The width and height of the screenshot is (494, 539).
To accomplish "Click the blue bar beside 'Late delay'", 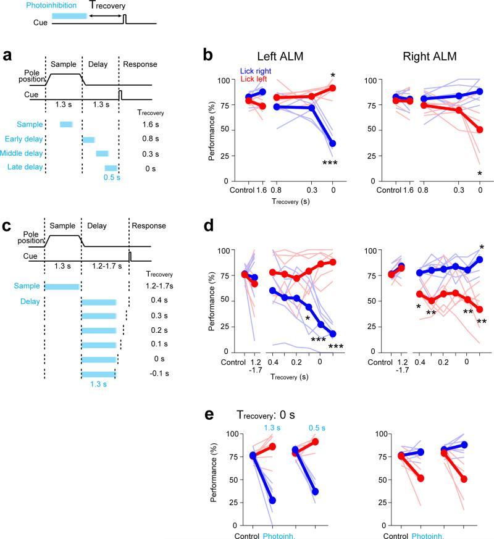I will (111, 168).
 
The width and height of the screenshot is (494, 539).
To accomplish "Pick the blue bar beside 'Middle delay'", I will (102, 153).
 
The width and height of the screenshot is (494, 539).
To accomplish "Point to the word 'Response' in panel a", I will (140, 64).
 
